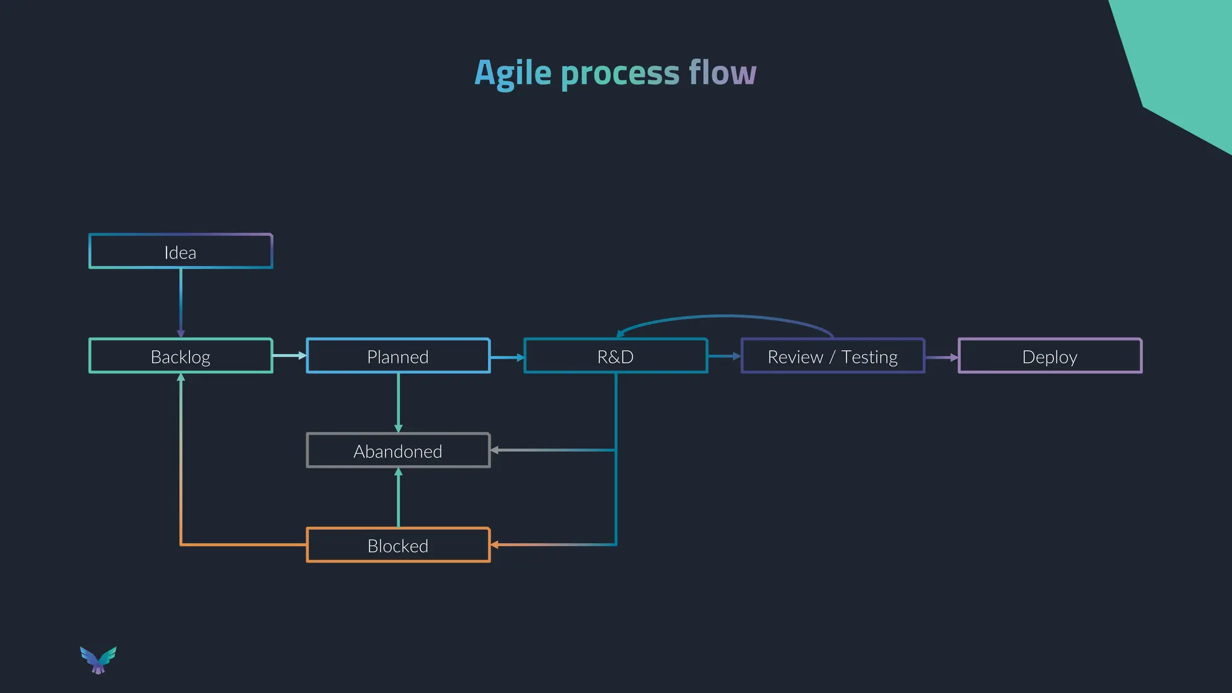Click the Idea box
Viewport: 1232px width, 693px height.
180,251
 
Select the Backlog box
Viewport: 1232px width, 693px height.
180,356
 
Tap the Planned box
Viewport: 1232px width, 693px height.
398,356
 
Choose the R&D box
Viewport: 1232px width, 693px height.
615,356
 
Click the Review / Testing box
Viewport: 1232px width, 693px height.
833,356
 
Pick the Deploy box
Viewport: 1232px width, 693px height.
1050,356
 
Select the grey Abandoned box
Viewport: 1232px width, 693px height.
398,451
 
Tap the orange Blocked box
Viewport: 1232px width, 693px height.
398,545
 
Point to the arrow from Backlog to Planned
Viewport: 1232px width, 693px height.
289,356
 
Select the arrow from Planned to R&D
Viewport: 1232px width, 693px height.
507,357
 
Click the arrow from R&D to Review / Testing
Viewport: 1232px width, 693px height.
724,356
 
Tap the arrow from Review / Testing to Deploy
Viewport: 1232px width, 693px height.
941,357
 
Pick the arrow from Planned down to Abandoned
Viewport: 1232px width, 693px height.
398,402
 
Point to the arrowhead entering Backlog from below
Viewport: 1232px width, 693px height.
180,378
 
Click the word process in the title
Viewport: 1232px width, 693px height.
620,73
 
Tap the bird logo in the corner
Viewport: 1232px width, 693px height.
98,660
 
